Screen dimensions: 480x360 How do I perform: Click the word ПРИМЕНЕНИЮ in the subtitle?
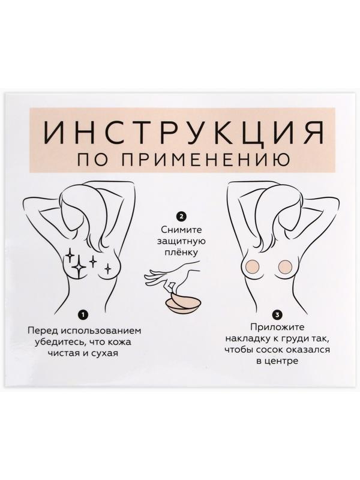196,159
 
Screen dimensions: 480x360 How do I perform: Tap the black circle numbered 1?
83,314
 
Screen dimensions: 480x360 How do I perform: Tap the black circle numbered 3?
277,314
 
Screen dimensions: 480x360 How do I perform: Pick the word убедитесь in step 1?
57,341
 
